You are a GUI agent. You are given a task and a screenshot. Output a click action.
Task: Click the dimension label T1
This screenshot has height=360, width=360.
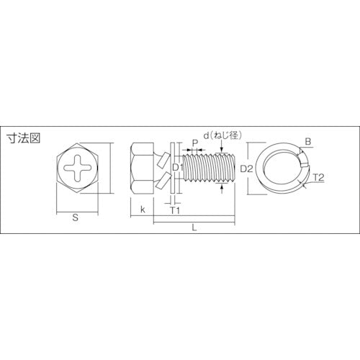click(x=174, y=210)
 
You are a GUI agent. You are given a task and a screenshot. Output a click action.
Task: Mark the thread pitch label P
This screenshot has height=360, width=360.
click(x=194, y=143)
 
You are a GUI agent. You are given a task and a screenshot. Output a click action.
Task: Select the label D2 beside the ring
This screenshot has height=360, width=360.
click(x=246, y=168)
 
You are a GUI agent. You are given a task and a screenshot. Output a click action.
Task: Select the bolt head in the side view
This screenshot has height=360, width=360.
click(x=144, y=169)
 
